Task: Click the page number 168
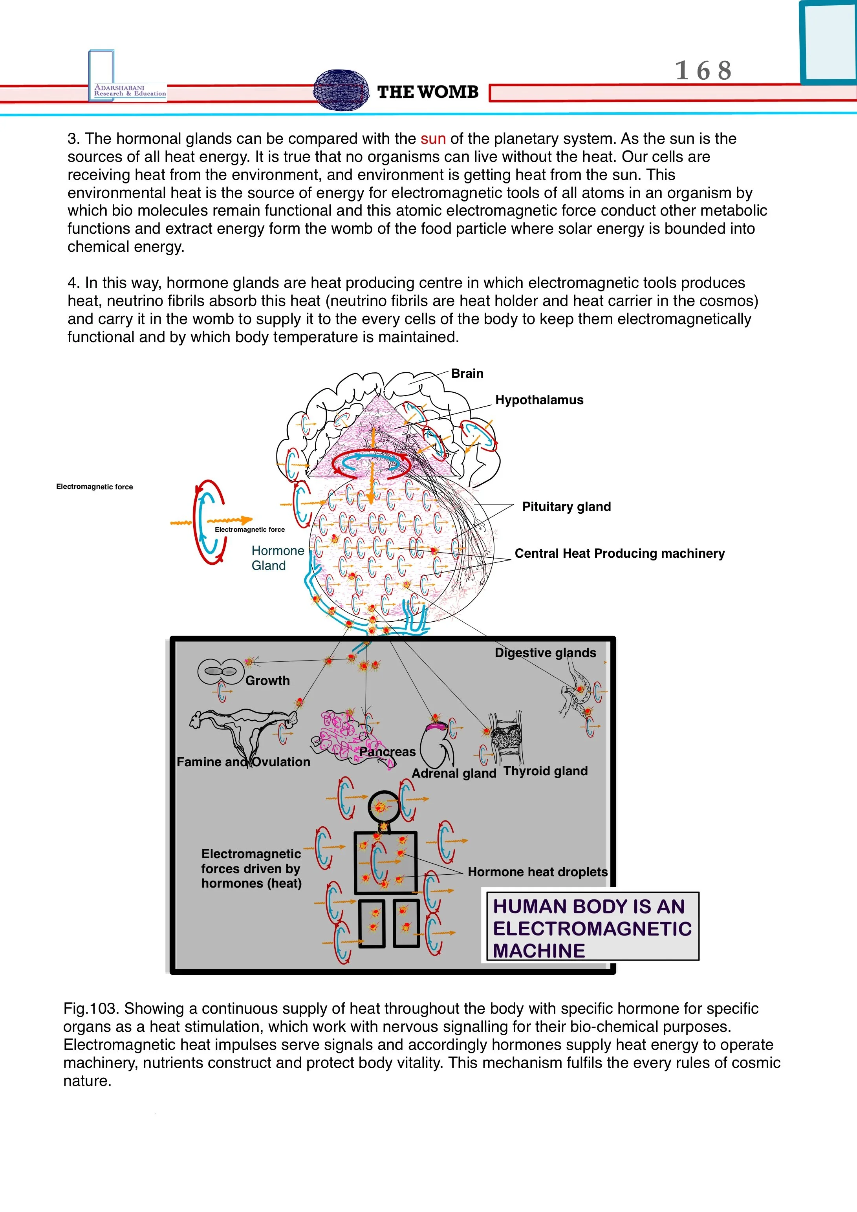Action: point(703,71)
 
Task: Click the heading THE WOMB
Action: point(427,92)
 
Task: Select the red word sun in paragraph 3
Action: point(433,139)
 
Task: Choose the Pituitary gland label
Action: point(566,507)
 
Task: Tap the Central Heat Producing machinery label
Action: point(619,553)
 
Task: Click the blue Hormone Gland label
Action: point(277,558)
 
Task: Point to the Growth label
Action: point(267,681)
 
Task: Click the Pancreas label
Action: point(388,752)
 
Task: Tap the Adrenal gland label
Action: point(454,773)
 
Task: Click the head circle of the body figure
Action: point(383,806)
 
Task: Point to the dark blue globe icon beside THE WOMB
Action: point(341,90)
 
